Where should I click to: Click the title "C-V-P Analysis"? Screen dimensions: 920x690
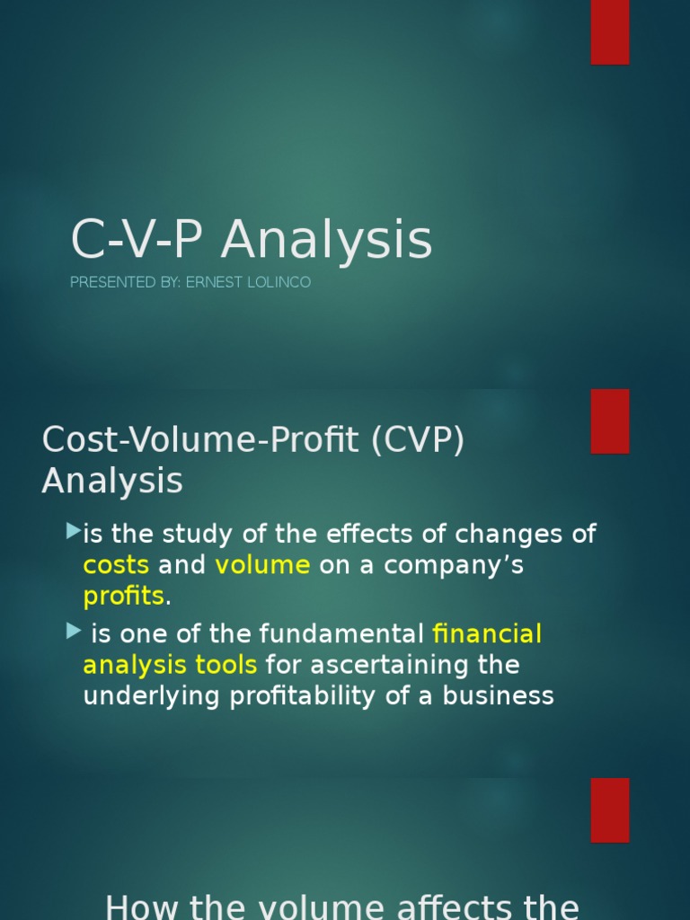point(252,241)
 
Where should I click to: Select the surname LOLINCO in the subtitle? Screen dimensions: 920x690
point(279,282)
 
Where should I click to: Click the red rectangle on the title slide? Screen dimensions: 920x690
point(609,32)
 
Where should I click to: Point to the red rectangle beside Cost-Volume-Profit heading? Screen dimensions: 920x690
point(609,420)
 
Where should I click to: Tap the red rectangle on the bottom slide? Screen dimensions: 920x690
point(609,809)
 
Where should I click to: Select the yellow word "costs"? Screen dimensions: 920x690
point(116,566)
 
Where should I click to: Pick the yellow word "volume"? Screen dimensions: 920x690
point(262,566)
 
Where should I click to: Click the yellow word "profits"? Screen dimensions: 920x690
point(124,596)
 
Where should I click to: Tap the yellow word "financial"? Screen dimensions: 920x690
point(487,635)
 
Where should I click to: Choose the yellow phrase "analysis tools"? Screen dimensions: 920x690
point(170,666)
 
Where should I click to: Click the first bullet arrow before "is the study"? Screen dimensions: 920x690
point(74,533)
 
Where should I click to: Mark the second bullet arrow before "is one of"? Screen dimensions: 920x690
point(74,632)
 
